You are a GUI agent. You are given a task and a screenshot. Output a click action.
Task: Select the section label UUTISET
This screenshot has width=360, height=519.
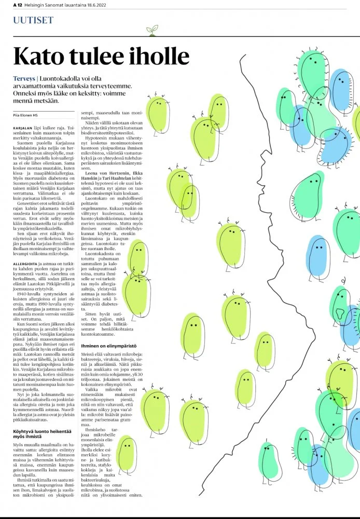point(33,20)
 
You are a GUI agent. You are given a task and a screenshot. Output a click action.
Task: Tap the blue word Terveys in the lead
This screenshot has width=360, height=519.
point(24,78)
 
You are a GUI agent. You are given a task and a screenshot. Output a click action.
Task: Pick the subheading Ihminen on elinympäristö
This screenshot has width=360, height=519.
point(108,345)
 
